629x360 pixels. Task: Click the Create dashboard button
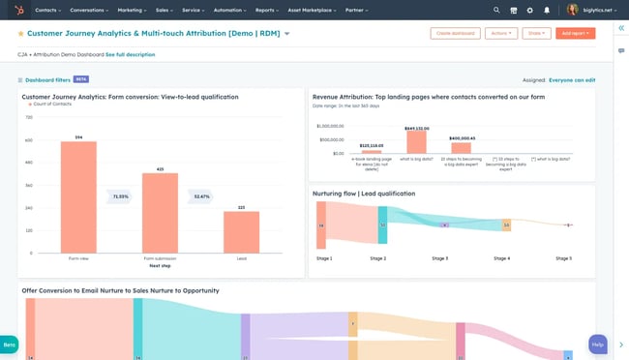455,33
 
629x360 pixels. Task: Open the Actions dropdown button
501,33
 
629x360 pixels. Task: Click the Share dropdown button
536,33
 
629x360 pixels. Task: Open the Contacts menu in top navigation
47,10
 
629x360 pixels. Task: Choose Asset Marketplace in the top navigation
307,10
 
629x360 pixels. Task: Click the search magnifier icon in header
497,10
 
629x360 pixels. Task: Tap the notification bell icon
547,10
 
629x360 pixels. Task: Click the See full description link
130,54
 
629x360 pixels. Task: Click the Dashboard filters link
46,79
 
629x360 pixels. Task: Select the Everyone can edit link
572,80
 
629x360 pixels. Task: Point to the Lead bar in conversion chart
241,231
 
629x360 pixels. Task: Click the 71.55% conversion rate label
120,196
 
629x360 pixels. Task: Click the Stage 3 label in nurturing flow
440,258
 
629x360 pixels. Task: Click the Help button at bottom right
598,345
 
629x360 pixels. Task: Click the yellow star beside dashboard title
21,34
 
